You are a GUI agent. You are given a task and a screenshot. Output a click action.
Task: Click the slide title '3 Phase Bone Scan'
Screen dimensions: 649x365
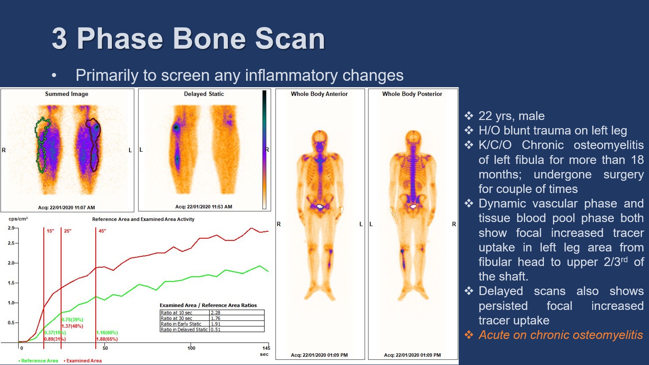tap(188, 39)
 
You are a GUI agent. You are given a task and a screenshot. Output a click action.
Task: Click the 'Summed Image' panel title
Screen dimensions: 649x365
tap(67, 94)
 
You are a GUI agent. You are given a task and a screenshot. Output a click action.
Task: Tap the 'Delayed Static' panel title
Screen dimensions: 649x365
tap(204, 94)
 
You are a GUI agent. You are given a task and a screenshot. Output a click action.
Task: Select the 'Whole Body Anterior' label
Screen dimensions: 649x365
tap(319, 94)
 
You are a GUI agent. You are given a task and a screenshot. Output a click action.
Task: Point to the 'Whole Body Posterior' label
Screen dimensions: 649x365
tap(412, 94)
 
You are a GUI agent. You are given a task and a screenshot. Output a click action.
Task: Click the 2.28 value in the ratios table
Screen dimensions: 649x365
tap(215, 313)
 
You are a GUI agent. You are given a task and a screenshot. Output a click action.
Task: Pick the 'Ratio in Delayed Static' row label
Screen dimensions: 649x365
tap(184, 330)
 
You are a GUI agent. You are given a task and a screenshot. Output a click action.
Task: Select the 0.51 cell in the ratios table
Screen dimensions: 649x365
tap(215, 330)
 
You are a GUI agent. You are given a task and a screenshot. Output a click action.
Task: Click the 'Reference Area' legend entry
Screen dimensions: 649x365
tap(38, 361)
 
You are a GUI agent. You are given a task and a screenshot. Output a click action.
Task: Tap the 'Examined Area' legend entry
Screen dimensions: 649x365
tap(83, 361)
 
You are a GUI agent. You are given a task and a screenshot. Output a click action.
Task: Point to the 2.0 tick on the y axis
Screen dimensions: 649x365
tap(11, 263)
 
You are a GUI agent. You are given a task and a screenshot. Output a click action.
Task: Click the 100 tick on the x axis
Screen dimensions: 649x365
tap(191, 348)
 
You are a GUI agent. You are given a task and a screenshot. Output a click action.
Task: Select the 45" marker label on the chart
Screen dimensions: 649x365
tap(102, 231)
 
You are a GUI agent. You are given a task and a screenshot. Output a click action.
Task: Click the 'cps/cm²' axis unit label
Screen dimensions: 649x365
tap(18, 219)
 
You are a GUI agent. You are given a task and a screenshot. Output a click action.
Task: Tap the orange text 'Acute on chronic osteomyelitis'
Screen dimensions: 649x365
tap(561, 335)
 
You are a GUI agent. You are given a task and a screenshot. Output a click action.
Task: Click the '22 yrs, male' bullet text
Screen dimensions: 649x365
tap(511, 116)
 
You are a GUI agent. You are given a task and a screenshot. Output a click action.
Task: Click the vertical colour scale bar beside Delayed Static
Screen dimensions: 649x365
tap(264, 150)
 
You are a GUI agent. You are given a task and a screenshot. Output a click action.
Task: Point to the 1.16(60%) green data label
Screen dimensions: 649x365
tap(107, 333)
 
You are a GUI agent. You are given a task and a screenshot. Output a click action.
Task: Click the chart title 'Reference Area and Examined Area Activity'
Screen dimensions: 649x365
tap(143, 219)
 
